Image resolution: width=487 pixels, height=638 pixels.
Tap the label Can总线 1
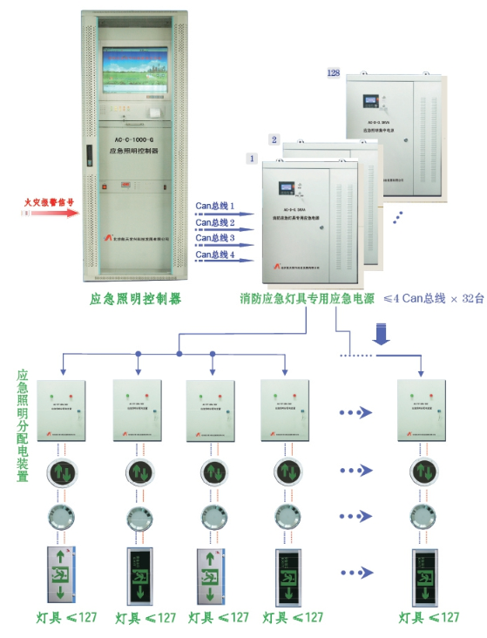[214, 207]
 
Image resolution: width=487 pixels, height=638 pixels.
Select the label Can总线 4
[214, 254]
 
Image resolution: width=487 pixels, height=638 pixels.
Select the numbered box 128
[332, 72]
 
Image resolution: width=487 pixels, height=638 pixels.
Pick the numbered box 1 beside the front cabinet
[252, 160]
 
